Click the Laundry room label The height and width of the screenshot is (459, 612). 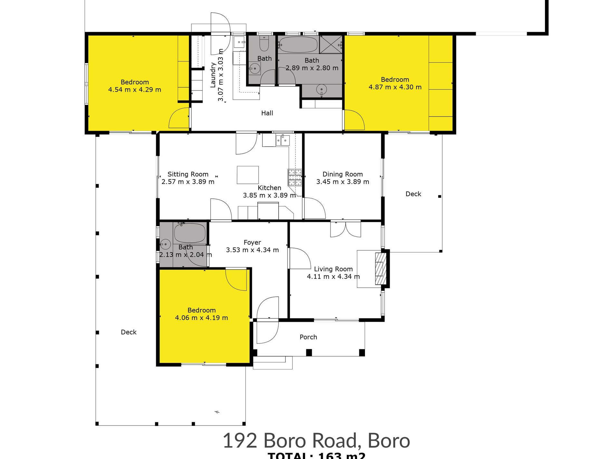(213, 75)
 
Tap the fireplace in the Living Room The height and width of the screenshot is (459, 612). (380, 269)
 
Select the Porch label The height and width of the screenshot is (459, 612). (308, 337)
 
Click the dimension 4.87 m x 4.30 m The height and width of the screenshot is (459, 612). (395, 87)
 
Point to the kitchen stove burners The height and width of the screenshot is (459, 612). (295, 177)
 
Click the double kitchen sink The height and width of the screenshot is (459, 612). (282, 140)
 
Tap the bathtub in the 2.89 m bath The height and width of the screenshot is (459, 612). (298, 44)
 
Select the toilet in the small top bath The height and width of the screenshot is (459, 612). (264, 44)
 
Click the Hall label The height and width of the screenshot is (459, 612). (267, 113)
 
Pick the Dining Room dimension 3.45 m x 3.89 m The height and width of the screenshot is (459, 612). (342, 182)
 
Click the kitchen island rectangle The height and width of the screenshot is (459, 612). (248, 175)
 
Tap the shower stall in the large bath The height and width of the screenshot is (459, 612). (331, 44)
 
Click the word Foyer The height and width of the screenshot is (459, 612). (252, 242)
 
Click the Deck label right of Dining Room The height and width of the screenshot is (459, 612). (413, 194)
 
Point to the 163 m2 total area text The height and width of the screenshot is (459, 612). (341, 455)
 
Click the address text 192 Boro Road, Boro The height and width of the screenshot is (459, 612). (316, 440)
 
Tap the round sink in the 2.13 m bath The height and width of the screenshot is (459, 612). (166, 244)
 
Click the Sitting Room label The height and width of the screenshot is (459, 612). (188, 174)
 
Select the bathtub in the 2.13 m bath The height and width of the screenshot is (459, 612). (190, 233)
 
